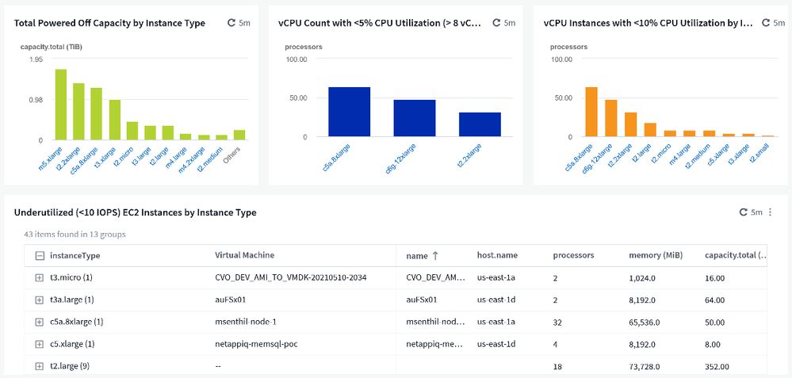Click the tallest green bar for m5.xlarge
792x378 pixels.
[60, 104]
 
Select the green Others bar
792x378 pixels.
[239, 135]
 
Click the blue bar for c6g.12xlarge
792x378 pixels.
[415, 118]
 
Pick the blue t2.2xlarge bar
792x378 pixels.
[480, 124]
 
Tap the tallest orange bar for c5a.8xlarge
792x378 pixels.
[591, 112]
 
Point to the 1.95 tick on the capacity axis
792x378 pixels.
[36, 60]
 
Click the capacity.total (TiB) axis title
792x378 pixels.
[51, 47]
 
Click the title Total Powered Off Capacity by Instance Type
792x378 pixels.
[109, 23]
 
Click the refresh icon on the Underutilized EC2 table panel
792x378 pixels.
[743, 212]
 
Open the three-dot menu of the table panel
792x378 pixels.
[772, 212]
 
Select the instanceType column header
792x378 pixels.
[75, 256]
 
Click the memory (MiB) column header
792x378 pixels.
[655, 256]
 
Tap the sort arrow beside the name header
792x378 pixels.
[435, 256]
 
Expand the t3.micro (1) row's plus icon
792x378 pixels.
[40, 278]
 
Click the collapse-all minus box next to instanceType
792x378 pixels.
[40, 256]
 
